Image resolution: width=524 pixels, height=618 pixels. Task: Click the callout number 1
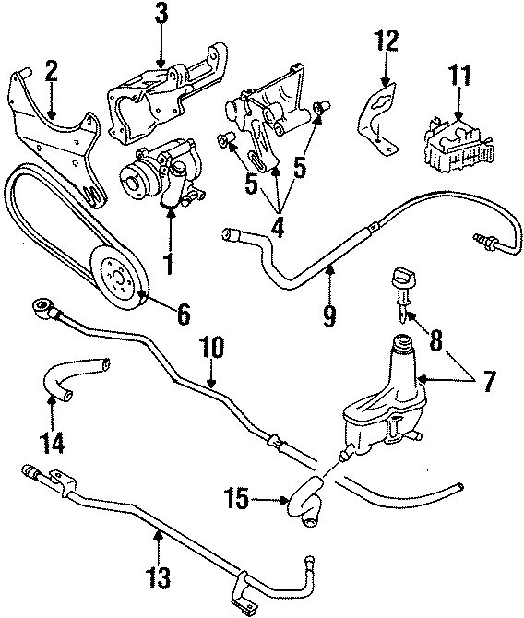pyautogui.click(x=169, y=264)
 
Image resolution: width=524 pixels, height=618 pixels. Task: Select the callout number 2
pyautogui.click(x=51, y=71)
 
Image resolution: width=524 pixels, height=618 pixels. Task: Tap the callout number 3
pyautogui.click(x=161, y=15)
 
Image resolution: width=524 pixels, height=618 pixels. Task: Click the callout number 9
pyautogui.click(x=329, y=314)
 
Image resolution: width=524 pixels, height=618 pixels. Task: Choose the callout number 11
pyautogui.click(x=458, y=77)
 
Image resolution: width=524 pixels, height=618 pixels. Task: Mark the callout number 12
pyautogui.click(x=387, y=42)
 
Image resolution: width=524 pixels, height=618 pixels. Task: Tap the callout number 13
pyautogui.click(x=159, y=577)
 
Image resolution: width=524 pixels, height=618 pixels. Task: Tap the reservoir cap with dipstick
pyautogui.click(x=403, y=281)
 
